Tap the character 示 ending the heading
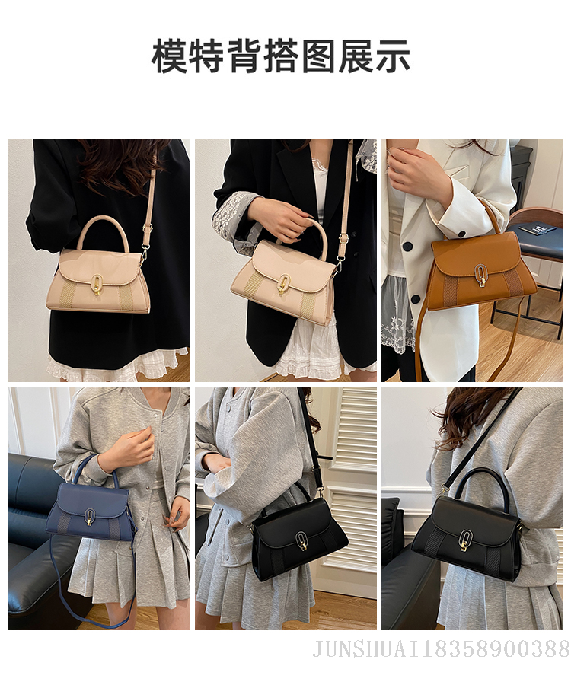[x=392, y=56]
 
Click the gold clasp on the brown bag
[x=480, y=277]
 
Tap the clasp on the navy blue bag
[x=88, y=518]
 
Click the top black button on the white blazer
[x=408, y=247]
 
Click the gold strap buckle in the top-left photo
[x=148, y=228]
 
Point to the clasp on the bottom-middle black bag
[x=301, y=541]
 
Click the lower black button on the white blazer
[x=416, y=299]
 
